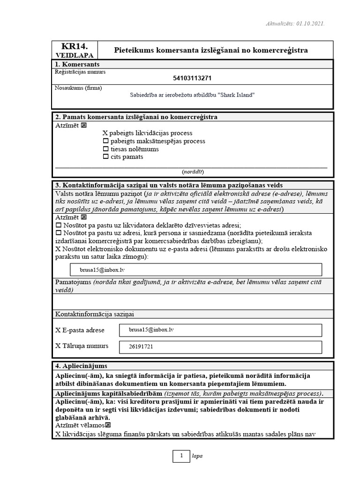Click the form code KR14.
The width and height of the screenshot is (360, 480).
click(75, 46)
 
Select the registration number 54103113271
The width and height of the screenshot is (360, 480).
click(192, 78)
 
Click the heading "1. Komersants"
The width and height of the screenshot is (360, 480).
click(77, 64)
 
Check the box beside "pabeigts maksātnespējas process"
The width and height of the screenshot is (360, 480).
click(105, 141)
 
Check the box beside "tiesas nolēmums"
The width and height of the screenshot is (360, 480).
click(105, 149)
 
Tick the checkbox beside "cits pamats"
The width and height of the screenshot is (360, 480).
click(105, 157)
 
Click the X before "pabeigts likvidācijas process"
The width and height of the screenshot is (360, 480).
click(105, 133)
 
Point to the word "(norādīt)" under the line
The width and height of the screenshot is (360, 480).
click(192, 172)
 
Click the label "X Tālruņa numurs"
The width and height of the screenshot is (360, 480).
click(82, 346)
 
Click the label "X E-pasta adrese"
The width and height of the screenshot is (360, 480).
click(80, 330)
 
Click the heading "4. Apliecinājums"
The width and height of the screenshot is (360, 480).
click(81, 366)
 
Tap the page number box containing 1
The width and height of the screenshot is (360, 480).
click(180, 456)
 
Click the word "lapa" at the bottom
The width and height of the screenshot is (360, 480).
click(197, 456)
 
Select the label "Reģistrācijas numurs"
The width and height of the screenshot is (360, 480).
click(80, 72)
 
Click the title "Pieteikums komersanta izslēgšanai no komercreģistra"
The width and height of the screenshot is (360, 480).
click(211, 50)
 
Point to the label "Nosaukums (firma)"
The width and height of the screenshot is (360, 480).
click(78, 88)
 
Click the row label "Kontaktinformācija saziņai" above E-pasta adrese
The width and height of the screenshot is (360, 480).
click(97, 314)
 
